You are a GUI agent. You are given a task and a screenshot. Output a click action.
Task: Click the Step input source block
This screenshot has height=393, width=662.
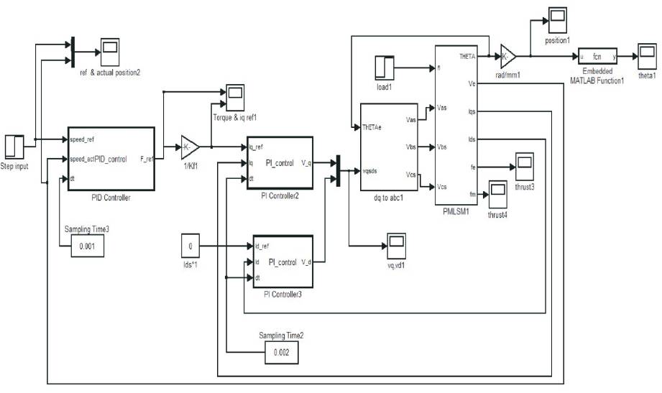[14, 146]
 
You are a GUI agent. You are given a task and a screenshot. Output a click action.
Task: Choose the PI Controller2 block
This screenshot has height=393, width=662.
[280, 162]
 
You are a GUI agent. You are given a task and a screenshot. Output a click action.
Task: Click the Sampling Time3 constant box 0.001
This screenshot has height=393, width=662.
[88, 246]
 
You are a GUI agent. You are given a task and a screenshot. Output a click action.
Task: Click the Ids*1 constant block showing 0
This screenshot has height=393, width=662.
[190, 246]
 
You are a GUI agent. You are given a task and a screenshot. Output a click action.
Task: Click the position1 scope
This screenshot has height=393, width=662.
[558, 17]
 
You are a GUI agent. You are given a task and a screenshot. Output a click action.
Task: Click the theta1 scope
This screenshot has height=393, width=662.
[645, 55]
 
